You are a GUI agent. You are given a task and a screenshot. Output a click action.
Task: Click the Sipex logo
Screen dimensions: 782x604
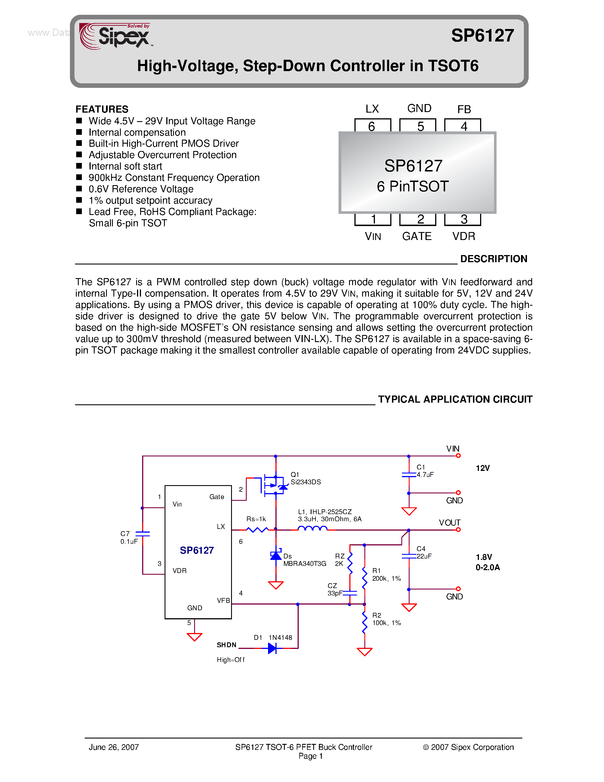115,36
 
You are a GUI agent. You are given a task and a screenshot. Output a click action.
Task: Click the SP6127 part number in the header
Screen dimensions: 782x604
482,36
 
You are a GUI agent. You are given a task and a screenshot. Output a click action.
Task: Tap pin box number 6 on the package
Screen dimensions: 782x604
372,126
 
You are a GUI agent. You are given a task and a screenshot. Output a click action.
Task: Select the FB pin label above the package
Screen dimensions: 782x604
464,109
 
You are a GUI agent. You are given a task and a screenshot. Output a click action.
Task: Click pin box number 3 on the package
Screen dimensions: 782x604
463,219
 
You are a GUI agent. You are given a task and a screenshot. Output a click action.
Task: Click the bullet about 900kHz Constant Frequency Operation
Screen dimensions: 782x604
174,178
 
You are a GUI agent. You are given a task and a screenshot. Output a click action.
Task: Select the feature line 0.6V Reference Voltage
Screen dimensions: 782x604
141,189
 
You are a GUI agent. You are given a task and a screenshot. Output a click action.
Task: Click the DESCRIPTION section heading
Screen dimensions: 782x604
493,259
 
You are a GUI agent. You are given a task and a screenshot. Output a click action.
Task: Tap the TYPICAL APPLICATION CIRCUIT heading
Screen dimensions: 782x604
455,399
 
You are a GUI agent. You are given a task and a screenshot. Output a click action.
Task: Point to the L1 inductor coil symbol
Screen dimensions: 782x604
312,529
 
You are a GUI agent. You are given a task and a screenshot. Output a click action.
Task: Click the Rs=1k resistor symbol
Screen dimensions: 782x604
257,529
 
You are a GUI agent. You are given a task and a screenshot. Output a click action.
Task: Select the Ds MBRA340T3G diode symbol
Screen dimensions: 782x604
275,555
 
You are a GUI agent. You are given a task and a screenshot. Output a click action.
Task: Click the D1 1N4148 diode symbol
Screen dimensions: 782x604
272,648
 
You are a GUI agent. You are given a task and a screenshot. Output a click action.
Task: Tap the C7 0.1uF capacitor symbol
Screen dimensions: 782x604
142,533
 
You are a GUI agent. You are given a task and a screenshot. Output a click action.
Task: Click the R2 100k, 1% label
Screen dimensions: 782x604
386,619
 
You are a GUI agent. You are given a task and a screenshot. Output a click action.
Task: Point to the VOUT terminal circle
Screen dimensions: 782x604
458,529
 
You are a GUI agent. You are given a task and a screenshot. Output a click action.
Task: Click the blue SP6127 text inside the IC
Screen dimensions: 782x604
196,550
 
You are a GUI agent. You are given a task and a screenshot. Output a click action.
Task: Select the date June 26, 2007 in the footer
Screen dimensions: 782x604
113,747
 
